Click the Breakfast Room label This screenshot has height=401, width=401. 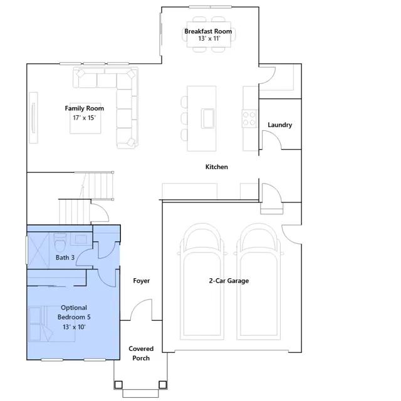click(208, 31)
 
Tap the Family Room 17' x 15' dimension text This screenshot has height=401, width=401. click(84, 118)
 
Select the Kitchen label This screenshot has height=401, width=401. click(217, 167)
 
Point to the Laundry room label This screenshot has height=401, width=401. click(280, 125)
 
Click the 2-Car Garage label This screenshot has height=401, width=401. click(229, 281)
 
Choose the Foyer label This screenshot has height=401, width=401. click(142, 281)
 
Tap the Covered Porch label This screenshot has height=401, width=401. click(141, 353)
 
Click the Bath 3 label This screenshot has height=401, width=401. click(65, 258)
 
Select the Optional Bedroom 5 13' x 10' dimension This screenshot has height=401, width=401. click(74, 327)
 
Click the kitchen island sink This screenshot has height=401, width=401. click(207, 118)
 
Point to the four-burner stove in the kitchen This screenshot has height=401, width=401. click(249, 118)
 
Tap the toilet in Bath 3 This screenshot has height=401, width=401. click(60, 242)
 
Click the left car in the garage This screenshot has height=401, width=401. click(202, 281)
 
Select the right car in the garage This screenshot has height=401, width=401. click(259, 281)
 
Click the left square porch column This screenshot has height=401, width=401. click(118, 384)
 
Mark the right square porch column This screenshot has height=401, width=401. click(163, 384)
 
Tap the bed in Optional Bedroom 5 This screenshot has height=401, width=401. click(51, 324)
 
